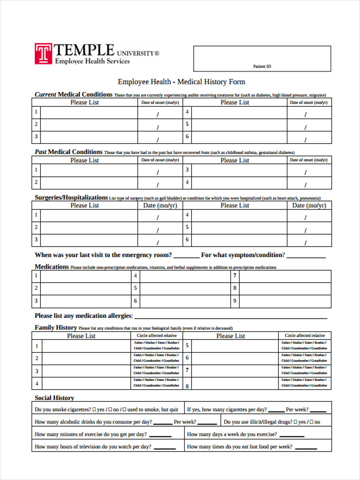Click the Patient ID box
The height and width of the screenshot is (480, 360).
tap(262, 58)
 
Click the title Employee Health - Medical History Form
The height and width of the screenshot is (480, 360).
tap(181, 82)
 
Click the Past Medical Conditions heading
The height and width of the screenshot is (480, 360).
tap(68, 152)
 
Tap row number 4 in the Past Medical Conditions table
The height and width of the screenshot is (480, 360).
tap(187, 182)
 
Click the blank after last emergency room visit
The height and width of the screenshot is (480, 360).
tap(186, 256)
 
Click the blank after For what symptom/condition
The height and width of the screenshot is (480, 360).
tap(306, 256)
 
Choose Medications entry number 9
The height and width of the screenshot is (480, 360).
tap(235, 301)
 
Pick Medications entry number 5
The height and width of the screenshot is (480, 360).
tap(135, 288)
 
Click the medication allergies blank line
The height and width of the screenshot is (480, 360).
tap(230, 317)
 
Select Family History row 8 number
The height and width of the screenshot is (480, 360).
tap(187, 386)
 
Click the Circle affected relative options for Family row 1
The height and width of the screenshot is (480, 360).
tap(156, 346)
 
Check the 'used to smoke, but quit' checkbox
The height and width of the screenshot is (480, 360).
tap(124, 410)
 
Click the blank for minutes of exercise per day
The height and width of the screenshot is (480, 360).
tap(160, 435)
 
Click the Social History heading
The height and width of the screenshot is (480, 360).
tap(54, 398)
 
